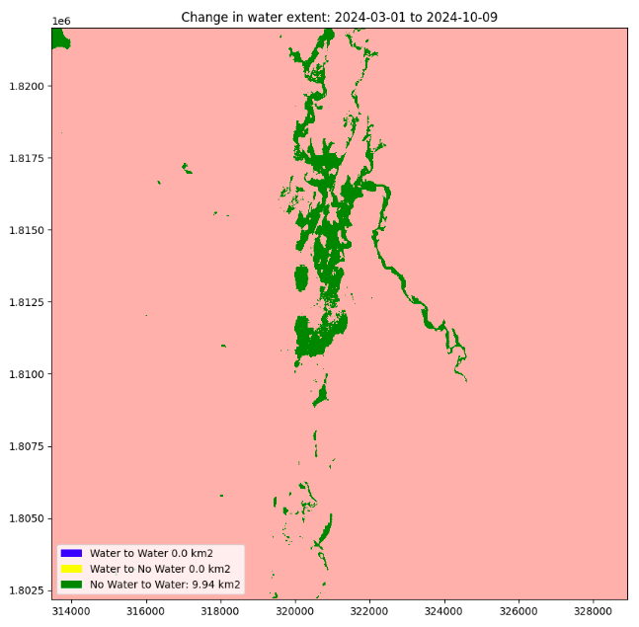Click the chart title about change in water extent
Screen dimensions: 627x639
341,17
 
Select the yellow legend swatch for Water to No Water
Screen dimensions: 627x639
70,569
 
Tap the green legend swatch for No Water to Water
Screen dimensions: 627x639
70,585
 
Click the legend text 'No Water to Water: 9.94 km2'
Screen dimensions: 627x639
165,585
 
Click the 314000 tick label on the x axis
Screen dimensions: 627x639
72,612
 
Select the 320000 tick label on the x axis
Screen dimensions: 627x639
295,612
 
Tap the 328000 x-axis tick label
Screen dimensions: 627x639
593,612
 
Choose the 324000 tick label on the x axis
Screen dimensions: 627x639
444,612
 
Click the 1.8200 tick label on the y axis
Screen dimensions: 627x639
25,86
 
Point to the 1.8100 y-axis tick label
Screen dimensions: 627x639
25,374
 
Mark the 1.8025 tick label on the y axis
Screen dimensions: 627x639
25,590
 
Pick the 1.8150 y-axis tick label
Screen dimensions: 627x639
25,230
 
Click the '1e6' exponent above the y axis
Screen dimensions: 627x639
60,21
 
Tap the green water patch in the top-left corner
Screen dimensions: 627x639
59,39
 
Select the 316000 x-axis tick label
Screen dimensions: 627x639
146,612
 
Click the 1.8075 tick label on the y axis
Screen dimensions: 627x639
25,446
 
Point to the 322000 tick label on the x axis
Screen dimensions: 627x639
369,612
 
